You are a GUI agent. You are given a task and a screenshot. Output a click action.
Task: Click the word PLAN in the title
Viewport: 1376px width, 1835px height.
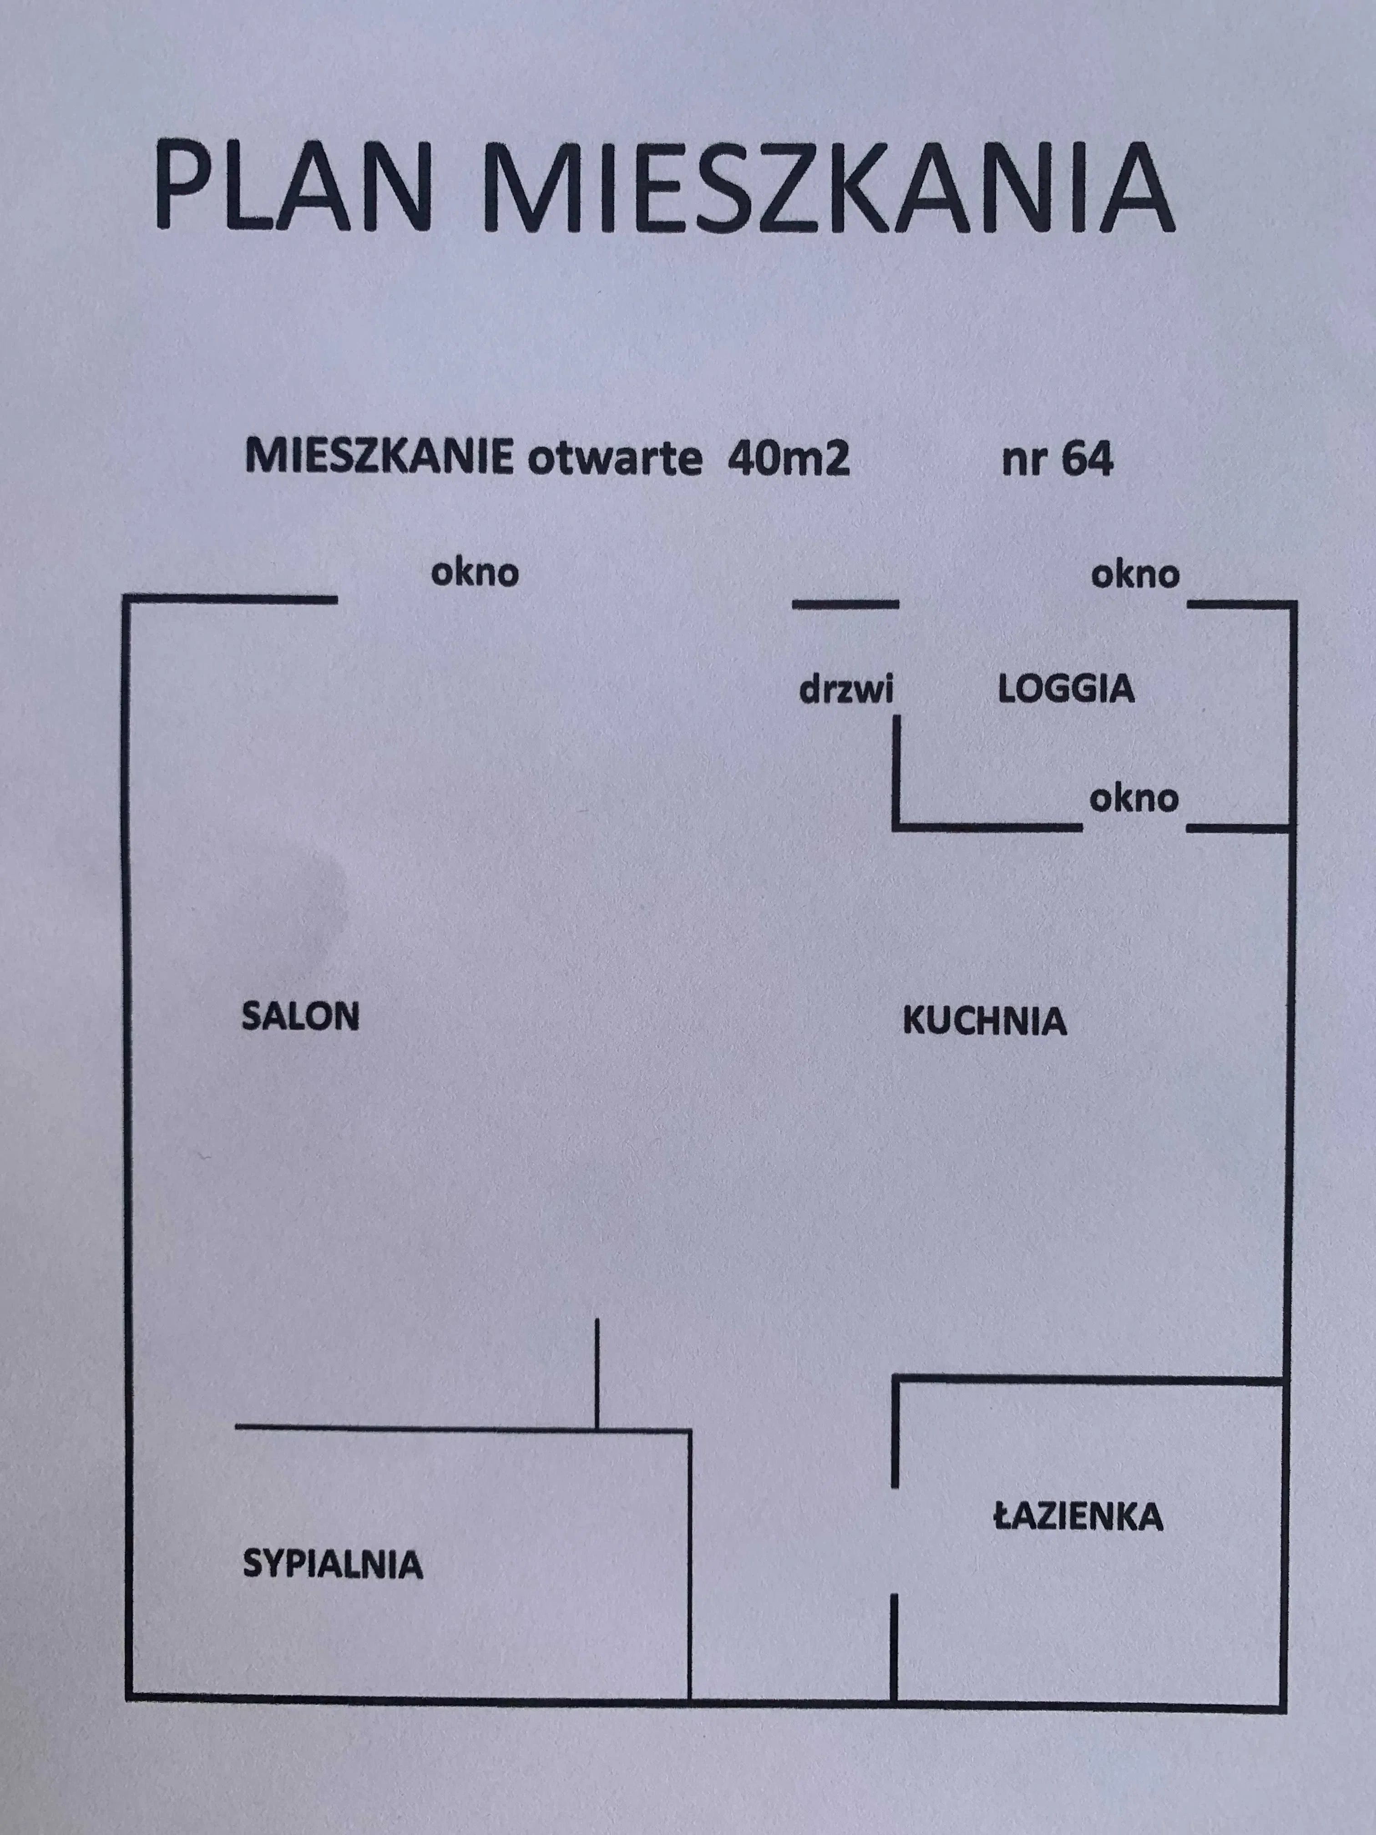pos(294,186)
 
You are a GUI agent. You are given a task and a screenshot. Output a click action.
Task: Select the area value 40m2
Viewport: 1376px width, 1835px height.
pos(789,459)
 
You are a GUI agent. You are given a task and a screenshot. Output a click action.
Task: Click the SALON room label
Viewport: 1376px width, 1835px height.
pos(300,1016)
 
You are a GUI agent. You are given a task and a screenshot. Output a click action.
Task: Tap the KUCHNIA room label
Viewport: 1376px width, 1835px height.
pos(985,1020)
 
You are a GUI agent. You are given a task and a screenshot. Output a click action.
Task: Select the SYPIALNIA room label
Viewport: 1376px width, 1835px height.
pos(333,1566)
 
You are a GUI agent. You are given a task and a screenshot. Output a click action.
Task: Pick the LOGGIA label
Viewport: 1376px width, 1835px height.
pos(1066,689)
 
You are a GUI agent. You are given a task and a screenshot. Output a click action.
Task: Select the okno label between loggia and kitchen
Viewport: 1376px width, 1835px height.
pos(1134,798)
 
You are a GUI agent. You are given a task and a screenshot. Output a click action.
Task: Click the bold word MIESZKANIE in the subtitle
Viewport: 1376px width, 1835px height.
pos(379,459)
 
